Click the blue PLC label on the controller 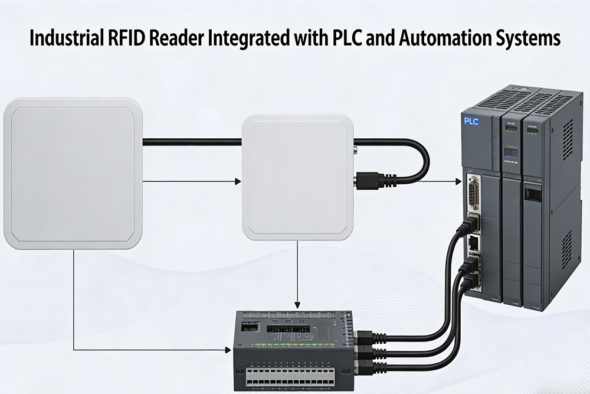point(471,121)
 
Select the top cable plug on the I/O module point(365,338)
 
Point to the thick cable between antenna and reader point(192,141)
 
